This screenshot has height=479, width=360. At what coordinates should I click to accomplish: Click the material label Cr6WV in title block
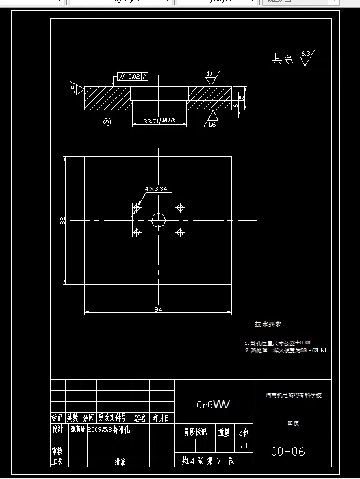[213, 404]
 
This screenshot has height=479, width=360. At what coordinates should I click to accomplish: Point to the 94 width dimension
[157, 310]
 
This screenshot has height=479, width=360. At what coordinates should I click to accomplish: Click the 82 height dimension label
[63, 221]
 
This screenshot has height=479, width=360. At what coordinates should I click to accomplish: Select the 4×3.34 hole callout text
[157, 189]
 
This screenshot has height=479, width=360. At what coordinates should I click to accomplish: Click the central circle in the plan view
[159, 220]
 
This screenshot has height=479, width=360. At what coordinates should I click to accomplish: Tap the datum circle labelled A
[107, 121]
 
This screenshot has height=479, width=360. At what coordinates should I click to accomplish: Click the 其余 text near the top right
[283, 59]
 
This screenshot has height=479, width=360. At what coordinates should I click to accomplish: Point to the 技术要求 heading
[268, 324]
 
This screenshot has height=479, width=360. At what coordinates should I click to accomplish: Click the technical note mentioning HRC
[286, 350]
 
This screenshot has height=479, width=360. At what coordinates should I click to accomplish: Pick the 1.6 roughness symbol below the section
[212, 120]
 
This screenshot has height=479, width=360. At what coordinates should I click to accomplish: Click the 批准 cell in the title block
[120, 461]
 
